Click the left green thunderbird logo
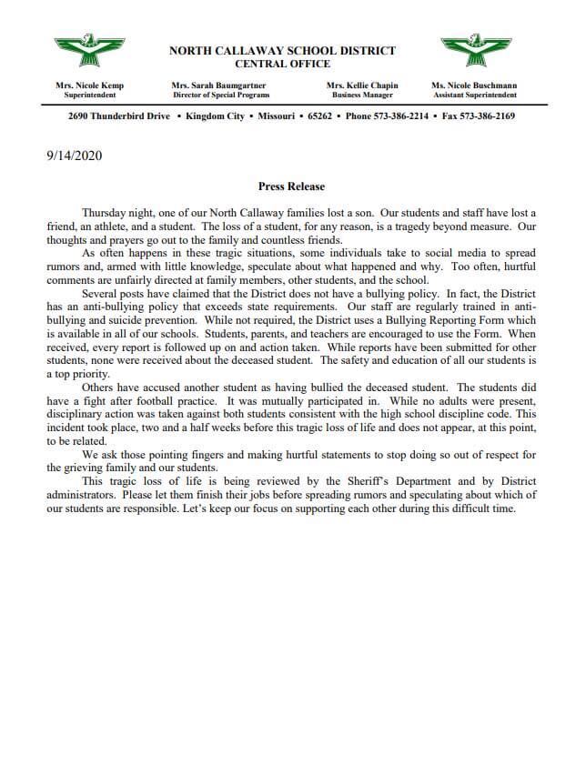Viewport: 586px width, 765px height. click(90, 51)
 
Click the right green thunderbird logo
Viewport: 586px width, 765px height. click(474, 51)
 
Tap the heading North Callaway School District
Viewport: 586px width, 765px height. click(282, 51)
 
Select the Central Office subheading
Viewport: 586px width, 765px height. click(282, 64)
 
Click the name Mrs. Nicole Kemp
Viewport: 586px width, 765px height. click(89, 86)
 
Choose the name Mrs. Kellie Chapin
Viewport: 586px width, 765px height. click(361, 86)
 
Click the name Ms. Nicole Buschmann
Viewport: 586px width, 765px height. click(474, 86)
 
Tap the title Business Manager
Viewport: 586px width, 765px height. click(361, 95)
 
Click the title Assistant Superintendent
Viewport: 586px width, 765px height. click(474, 95)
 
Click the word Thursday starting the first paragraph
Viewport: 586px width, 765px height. click(106, 211)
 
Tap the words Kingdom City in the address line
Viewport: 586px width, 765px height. click(215, 116)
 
